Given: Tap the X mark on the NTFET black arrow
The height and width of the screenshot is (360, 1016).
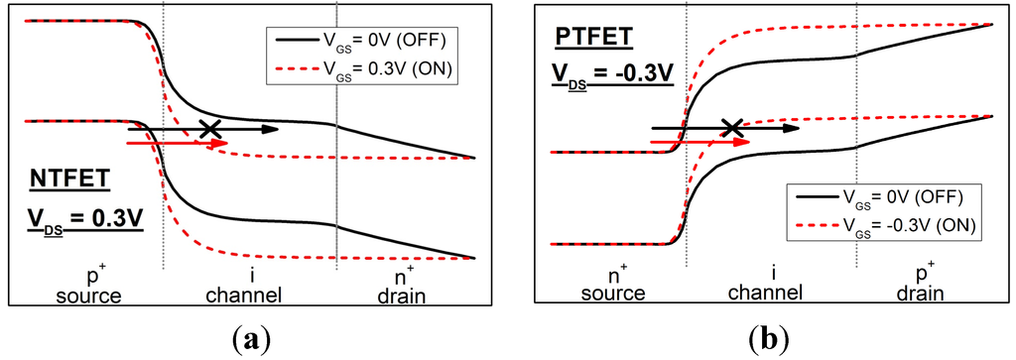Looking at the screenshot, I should pyautogui.click(x=209, y=128).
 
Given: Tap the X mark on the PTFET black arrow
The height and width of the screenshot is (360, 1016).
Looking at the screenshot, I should pyautogui.click(x=732, y=127).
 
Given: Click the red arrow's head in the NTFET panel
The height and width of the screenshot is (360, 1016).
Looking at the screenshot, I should pyautogui.click(x=220, y=143).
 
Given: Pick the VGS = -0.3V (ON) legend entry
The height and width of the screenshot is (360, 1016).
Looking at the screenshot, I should pyautogui.click(x=883, y=226).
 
